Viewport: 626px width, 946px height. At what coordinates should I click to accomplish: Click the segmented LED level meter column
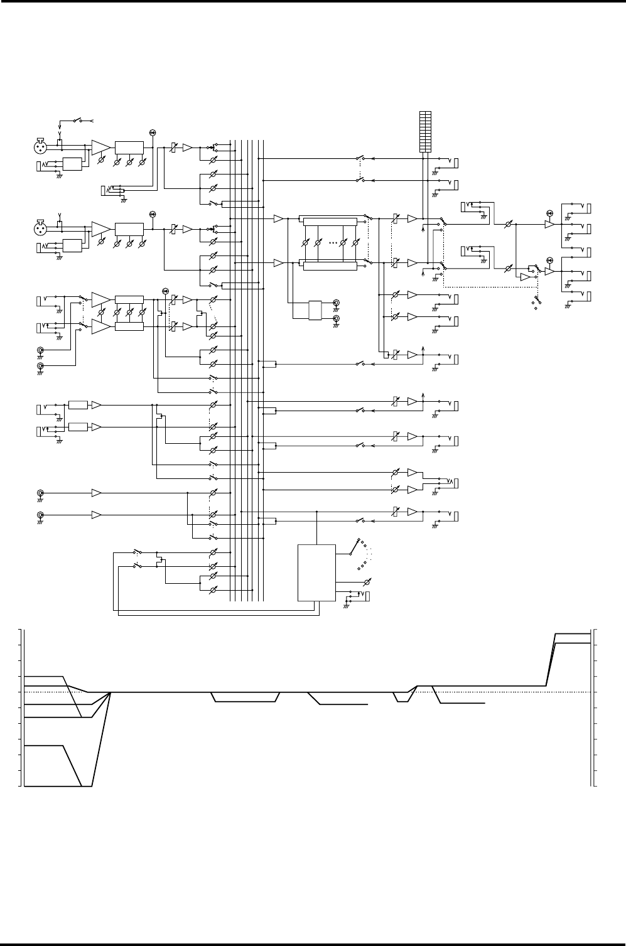click(x=426, y=131)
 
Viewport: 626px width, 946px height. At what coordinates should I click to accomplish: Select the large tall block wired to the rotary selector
click(x=316, y=572)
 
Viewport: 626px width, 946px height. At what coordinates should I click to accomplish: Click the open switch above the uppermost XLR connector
click(x=78, y=119)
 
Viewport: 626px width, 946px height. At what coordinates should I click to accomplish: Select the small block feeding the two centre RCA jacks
click(x=315, y=310)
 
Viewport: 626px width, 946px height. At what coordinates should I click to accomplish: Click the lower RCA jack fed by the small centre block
click(x=337, y=319)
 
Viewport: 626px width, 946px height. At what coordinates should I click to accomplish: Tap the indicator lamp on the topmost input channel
click(x=152, y=132)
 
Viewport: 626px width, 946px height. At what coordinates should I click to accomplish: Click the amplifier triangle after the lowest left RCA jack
click(x=97, y=515)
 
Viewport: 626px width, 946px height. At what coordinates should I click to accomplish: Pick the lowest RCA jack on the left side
click(x=40, y=515)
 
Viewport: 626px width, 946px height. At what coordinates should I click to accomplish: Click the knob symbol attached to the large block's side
click(x=368, y=581)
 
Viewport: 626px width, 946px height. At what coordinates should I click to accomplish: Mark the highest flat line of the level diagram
click(x=571, y=634)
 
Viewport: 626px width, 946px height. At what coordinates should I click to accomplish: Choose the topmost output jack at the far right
click(x=588, y=207)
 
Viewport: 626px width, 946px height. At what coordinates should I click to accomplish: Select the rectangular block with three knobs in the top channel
click(x=129, y=147)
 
